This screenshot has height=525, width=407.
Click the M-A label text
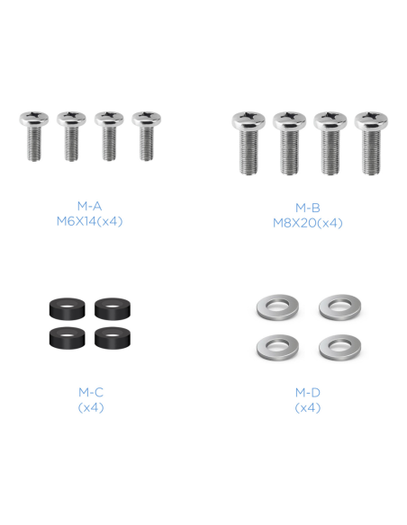89,206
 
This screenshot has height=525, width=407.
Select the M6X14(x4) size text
89,221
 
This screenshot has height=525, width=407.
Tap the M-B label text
308,208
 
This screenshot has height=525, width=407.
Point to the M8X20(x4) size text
308,223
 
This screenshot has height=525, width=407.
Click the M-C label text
91,392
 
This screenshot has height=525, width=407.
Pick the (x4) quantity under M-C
91,407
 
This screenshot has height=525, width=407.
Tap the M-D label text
308,392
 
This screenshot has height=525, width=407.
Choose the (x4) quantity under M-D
308,407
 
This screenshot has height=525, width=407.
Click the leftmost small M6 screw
34,136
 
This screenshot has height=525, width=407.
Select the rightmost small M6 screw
146,136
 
